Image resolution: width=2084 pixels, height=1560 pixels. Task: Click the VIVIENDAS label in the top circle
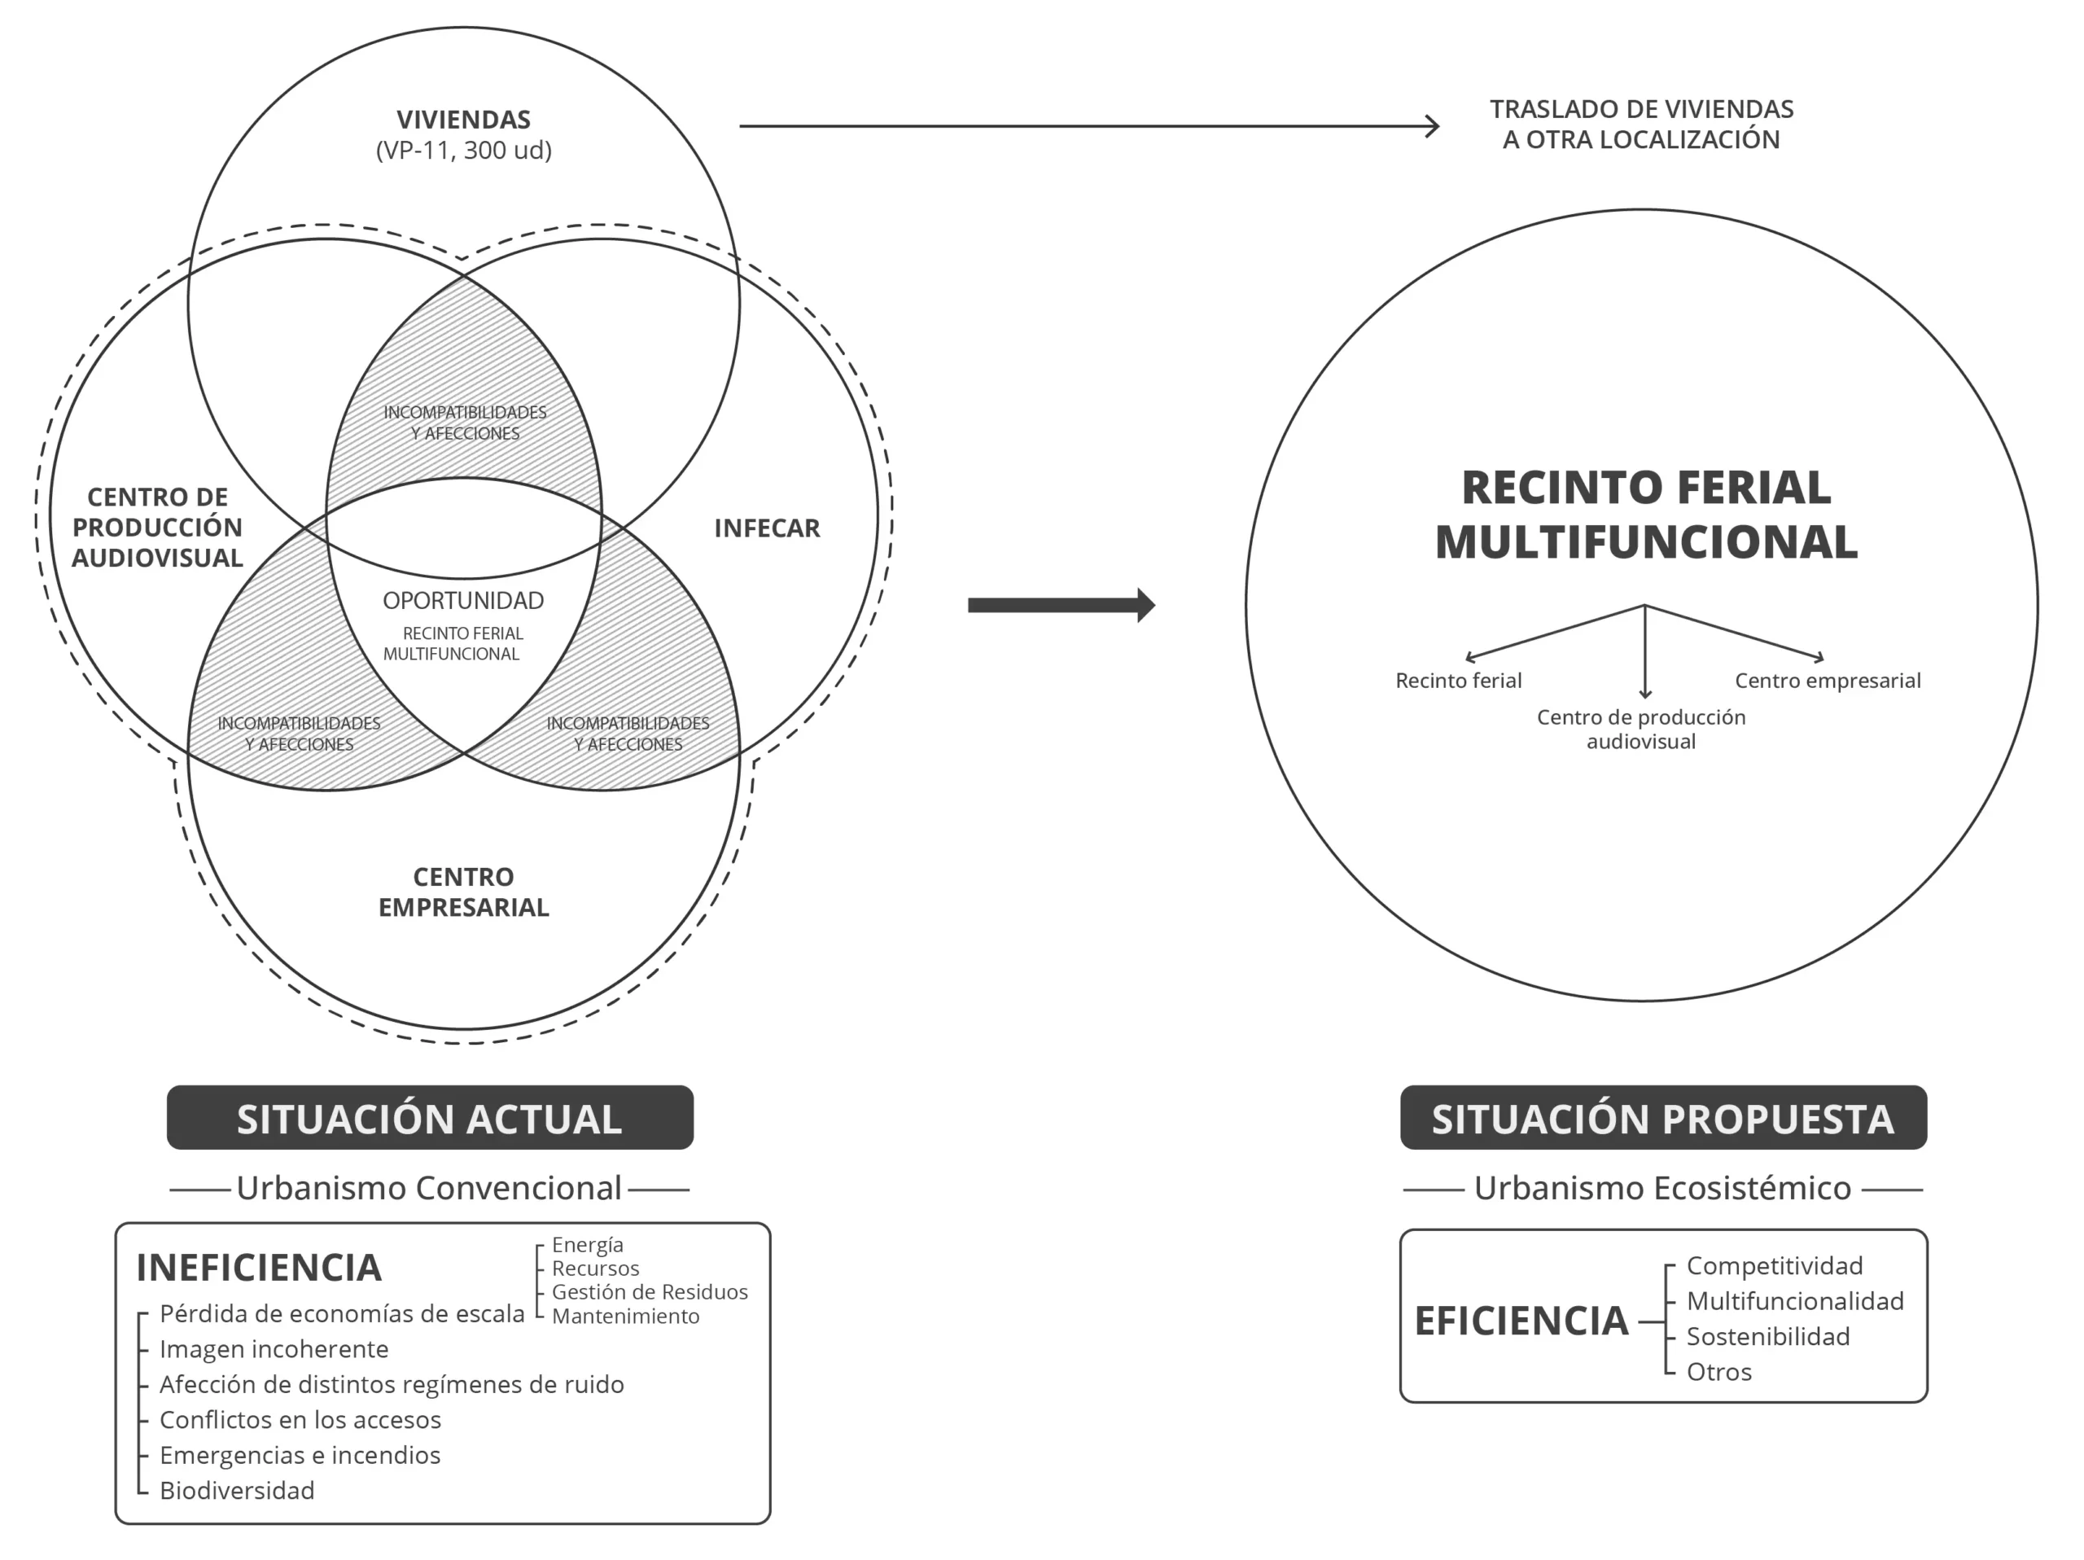pyautogui.click(x=462, y=120)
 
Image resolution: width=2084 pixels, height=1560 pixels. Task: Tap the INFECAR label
pyautogui.click(x=767, y=528)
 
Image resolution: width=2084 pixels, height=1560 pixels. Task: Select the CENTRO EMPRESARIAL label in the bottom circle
pyautogui.click(x=463, y=892)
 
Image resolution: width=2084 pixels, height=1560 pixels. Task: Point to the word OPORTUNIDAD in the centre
pyautogui.click(x=463, y=600)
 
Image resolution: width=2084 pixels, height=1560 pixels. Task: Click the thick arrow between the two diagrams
pyautogui.click(x=1061, y=605)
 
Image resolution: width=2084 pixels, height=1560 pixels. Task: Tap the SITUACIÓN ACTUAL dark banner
pyautogui.click(x=430, y=1118)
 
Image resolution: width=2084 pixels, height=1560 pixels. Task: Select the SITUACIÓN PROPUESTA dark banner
pyautogui.click(x=1663, y=1118)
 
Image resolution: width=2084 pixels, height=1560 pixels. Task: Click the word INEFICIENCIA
pyautogui.click(x=259, y=1268)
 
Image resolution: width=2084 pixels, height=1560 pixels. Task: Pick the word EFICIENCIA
pyautogui.click(x=1521, y=1321)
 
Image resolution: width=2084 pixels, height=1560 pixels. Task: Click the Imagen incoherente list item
pyautogui.click(x=274, y=1349)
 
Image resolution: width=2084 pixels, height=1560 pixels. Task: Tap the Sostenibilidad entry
pyautogui.click(x=1767, y=1336)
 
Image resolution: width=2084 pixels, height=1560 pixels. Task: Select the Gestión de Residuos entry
pyautogui.click(x=649, y=1291)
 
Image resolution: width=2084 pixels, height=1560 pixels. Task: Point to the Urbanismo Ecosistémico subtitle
pyautogui.click(x=1662, y=1188)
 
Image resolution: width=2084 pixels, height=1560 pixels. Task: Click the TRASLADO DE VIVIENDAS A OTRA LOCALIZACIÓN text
pyautogui.click(x=1641, y=125)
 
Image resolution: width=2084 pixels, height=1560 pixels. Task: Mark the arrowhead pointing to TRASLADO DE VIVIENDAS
pyautogui.click(x=1433, y=126)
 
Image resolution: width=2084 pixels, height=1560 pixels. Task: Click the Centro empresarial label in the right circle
pyautogui.click(x=1827, y=680)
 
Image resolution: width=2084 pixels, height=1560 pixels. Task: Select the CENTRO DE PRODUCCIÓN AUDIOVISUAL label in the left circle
pyautogui.click(x=157, y=528)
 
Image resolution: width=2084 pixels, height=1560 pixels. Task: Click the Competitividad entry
pyautogui.click(x=1774, y=1265)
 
